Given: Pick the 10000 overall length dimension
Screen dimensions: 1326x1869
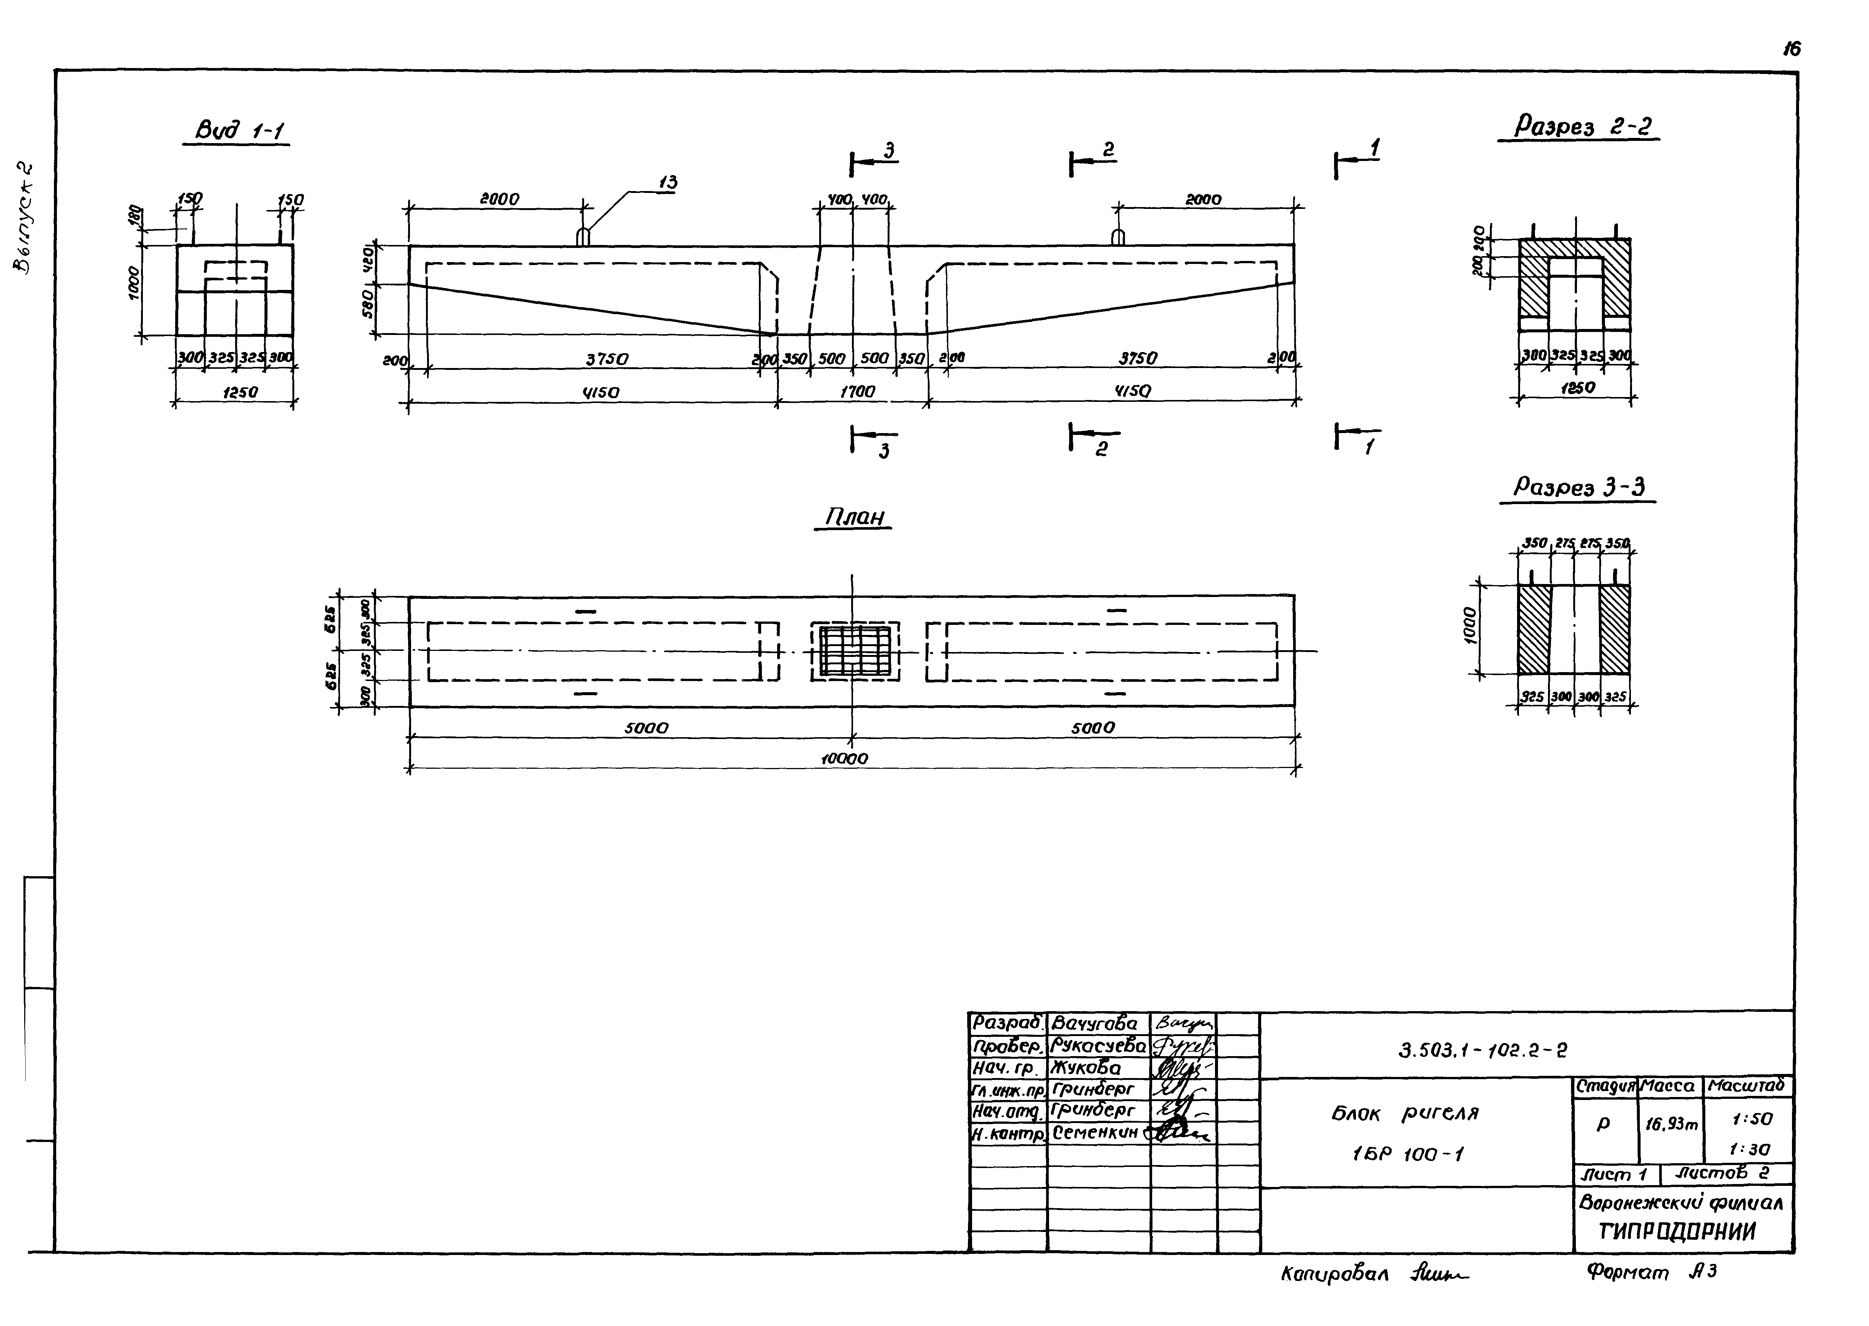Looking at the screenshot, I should tap(844, 758).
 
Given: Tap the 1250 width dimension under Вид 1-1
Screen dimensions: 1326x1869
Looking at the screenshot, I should tap(240, 393).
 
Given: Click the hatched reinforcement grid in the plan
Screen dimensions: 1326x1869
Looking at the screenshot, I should tap(855, 650).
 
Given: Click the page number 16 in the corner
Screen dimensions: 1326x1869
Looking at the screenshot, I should tap(1790, 49).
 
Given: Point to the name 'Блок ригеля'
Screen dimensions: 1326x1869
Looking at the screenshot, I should tap(1405, 1113).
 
